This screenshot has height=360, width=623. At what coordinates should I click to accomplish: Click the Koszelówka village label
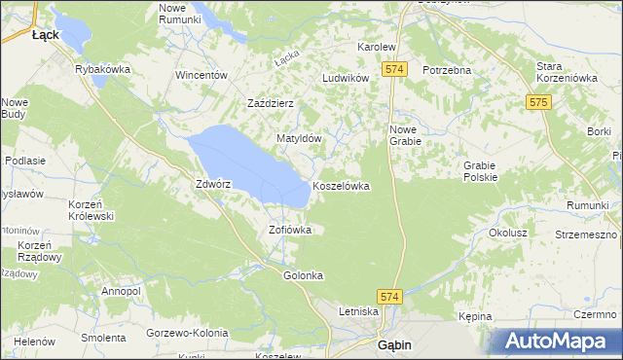(x=341, y=186)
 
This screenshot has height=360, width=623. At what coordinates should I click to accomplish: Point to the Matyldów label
(x=299, y=139)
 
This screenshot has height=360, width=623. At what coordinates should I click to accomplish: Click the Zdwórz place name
(x=212, y=184)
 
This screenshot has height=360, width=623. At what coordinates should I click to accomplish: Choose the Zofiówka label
(x=289, y=231)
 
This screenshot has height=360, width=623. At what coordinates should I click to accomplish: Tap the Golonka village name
(x=303, y=275)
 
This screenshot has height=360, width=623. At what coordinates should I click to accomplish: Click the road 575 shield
(x=538, y=101)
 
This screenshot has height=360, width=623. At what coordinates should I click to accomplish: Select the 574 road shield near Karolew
(x=394, y=70)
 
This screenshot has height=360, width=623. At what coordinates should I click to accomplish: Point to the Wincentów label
(x=201, y=75)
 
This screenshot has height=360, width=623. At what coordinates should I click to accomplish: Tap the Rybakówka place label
(x=103, y=70)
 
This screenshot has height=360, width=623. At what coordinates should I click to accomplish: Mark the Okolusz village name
(x=507, y=234)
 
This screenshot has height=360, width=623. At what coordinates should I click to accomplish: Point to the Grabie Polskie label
(x=480, y=171)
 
